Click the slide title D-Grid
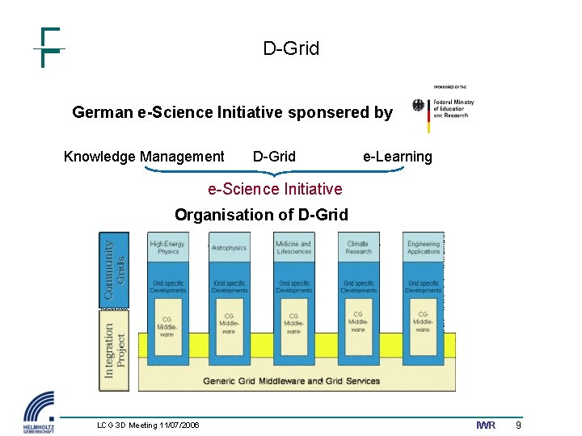(291, 48)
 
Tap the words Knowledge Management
(144, 157)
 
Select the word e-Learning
(397, 157)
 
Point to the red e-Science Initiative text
(275, 189)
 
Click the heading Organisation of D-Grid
(261, 215)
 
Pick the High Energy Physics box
(167, 248)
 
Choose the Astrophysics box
(230, 248)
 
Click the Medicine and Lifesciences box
(293, 248)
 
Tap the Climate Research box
(358, 248)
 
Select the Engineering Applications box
(424, 248)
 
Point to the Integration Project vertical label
(114, 350)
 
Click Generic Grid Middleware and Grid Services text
(291, 381)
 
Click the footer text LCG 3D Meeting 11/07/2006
(148, 426)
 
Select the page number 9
(518, 426)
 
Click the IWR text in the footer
(486, 426)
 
